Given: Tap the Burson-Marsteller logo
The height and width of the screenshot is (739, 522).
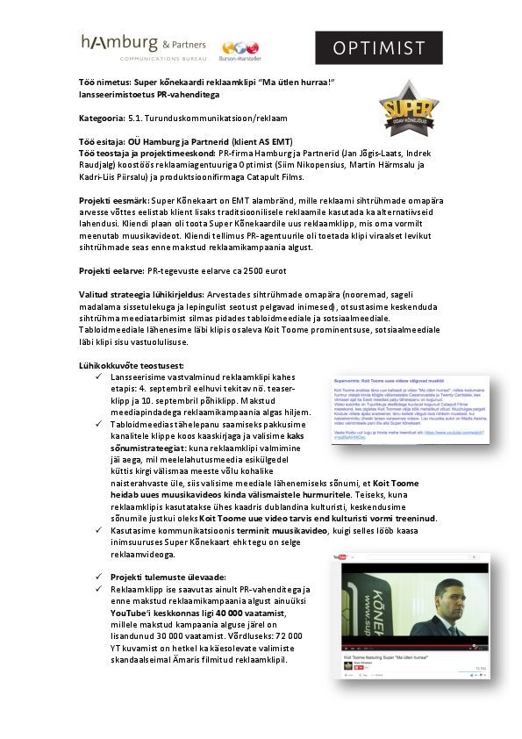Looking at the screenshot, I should (241, 50).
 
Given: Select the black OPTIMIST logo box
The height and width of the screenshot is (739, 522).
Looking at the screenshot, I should (379, 48).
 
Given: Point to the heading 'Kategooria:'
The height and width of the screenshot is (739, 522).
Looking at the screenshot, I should (103, 117).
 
